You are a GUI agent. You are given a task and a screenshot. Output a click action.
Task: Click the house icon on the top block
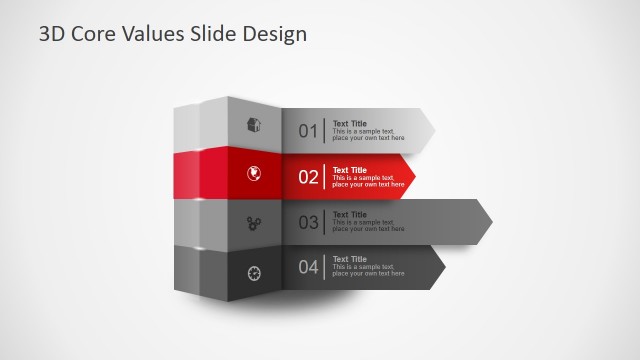pyautogui.click(x=254, y=126)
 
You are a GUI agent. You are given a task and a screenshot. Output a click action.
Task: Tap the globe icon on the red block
pyautogui.click(x=254, y=174)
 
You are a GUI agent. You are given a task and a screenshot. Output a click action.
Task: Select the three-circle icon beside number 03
pyautogui.click(x=254, y=222)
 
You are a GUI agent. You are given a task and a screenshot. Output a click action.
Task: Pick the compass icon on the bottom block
pyautogui.click(x=254, y=270)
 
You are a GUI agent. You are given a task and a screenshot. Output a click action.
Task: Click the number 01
pyautogui.click(x=308, y=131)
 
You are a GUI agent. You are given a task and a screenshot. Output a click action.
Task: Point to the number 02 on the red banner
pyautogui.click(x=308, y=177)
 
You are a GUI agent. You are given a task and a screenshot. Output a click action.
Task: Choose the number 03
pyautogui.click(x=308, y=222)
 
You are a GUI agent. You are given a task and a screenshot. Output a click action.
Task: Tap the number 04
pyautogui.click(x=308, y=267)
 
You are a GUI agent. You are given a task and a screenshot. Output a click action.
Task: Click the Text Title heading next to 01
pyautogui.click(x=350, y=124)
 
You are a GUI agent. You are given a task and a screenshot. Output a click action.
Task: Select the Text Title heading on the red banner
pyautogui.click(x=350, y=170)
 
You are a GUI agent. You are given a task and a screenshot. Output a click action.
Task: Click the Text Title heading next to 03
pyautogui.click(x=350, y=214)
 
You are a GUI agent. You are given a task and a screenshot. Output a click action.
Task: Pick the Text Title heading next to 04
pyautogui.click(x=350, y=259)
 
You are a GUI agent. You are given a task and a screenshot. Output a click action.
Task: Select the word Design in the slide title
pyautogui.click(x=273, y=34)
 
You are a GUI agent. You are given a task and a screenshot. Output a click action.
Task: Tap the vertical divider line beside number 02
pyautogui.click(x=324, y=177)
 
